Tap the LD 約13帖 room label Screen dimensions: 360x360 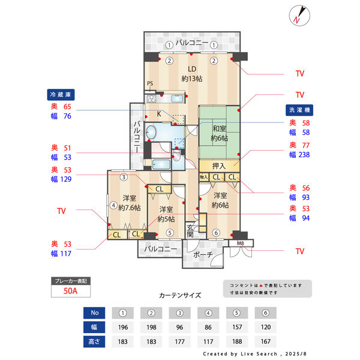point(193,73)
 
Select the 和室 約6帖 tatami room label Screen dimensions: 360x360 point(218,133)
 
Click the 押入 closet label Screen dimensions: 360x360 point(218,166)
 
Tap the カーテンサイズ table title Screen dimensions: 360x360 point(180,295)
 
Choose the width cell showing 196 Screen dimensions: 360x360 point(123,328)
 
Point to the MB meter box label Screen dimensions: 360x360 point(240,243)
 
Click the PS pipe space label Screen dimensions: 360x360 point(149,83)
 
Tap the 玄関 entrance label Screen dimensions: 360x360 point(190,230)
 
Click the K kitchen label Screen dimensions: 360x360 point(159,113)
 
